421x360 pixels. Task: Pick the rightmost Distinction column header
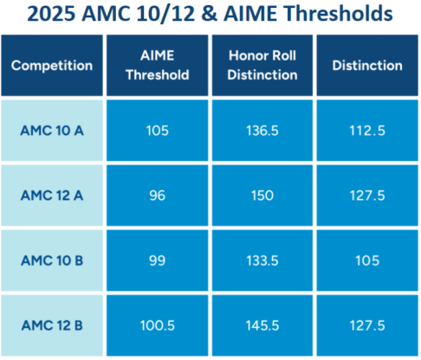[x=367, y=66]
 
